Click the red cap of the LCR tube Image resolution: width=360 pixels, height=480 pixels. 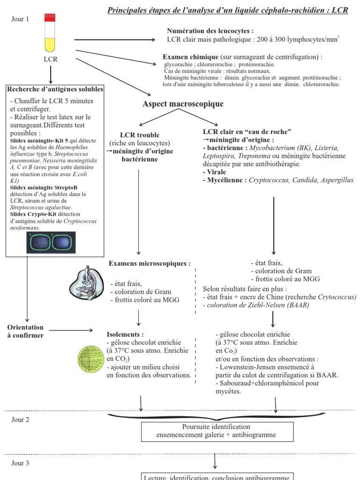click(50, 18)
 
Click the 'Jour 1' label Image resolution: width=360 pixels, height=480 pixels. click(20, 19)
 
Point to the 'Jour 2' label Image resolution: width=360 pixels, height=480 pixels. click(21, 420)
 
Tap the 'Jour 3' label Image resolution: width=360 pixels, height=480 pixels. click(21, 463)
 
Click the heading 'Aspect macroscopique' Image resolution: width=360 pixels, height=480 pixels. click(176, 104)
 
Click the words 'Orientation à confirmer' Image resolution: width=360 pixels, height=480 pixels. click(25, 331)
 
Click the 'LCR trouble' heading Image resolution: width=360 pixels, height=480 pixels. click(140, 135)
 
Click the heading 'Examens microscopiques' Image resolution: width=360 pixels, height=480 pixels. click(150, 263)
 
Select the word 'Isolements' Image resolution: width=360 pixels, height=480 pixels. click(125, 335)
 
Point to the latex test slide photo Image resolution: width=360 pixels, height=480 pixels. click(51, 242)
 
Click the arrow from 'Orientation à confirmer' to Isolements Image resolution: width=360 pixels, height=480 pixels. click(71, 331)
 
